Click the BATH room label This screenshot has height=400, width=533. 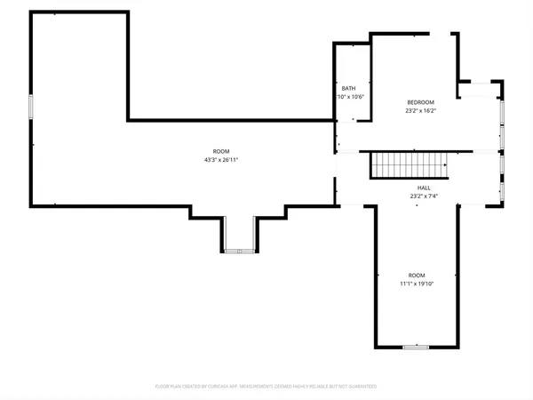349,89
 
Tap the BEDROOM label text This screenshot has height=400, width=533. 420,102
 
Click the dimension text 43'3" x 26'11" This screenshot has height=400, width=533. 220,160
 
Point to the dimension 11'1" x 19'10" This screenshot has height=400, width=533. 416,284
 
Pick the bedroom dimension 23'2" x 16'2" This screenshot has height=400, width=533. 420,111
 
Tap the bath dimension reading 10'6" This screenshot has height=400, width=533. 350,97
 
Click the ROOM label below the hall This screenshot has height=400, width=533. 416,276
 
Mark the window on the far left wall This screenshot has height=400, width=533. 31,107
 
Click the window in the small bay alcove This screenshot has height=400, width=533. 239,252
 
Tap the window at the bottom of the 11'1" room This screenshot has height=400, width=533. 416,347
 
